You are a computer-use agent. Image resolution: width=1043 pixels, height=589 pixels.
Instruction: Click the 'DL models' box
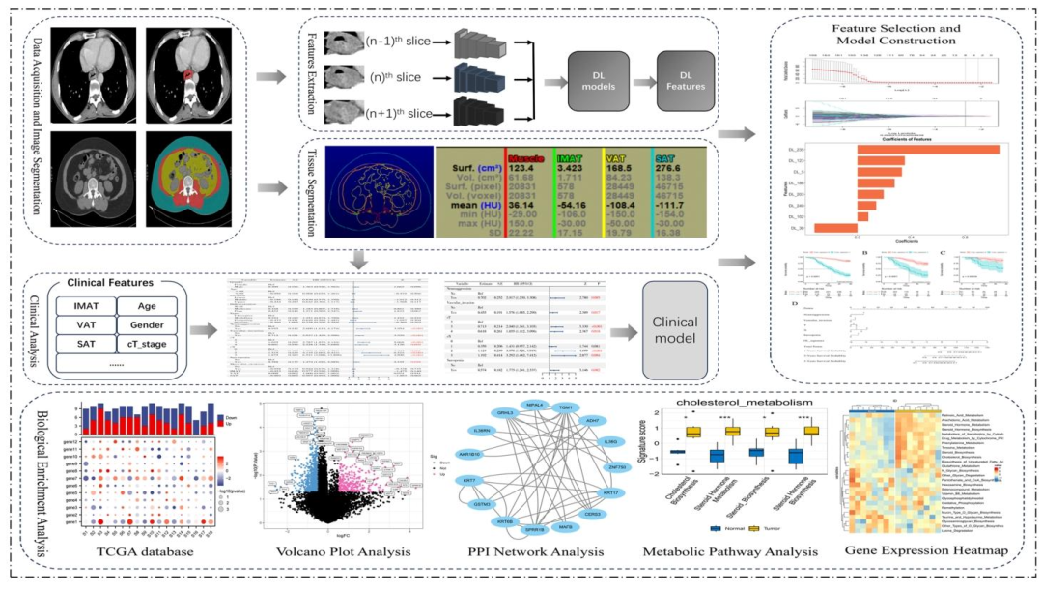(593, 80)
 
